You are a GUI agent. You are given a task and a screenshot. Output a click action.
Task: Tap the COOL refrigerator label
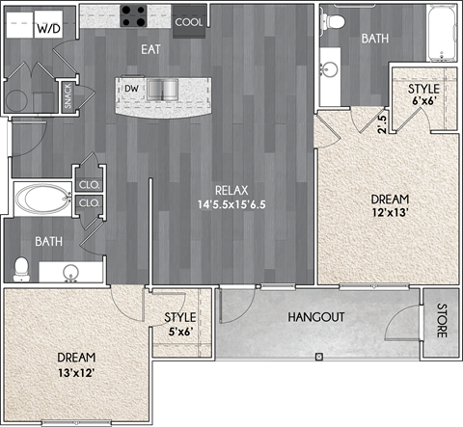click(x=189, y=20)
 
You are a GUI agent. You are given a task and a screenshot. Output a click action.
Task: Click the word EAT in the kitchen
click(x=151, y=47)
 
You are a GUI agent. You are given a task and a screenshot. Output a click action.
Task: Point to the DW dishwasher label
click(x=132, y=90)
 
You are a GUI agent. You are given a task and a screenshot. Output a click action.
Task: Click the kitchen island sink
click(x=163, y=90)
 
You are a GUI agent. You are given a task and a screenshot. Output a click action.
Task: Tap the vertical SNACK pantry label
click(x=68, y=97)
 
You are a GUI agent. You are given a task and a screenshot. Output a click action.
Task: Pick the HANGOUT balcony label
click(x=316, y=317)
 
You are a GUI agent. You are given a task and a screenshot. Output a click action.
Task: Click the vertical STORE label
click(x=441, y=321)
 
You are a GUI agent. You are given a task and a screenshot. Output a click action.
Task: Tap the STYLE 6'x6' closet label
click(x=423, y=95)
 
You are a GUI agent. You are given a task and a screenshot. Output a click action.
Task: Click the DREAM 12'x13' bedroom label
click(x=389, y=207)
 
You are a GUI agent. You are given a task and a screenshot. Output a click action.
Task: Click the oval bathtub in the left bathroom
click(x=41, y=200)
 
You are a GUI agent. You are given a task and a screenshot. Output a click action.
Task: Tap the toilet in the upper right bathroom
click(x=335, y=19)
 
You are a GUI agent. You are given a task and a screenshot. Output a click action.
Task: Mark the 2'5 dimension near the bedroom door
click(x=382, y=122)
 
